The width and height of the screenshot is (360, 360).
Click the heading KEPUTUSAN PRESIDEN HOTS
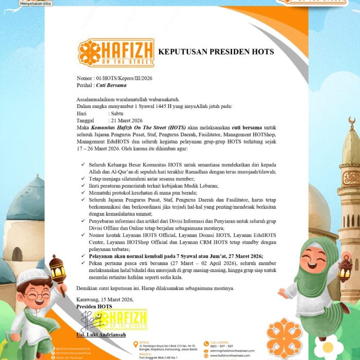coord(216,52)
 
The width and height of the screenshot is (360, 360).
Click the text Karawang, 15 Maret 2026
coord(105,299)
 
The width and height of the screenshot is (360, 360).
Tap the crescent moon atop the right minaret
coord(352,121)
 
